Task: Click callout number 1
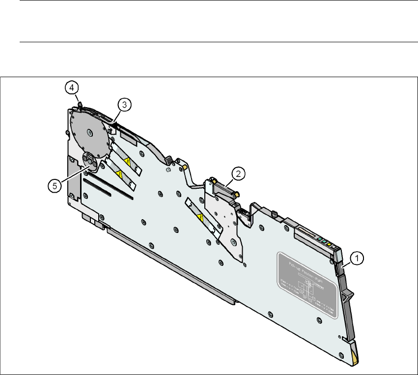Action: (x=358, y=257)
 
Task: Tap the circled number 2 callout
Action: (x=238, y=173)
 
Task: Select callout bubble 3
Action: (x=123, y=104)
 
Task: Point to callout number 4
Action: (x=72, y=88)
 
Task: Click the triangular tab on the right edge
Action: (x=349, y=295)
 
